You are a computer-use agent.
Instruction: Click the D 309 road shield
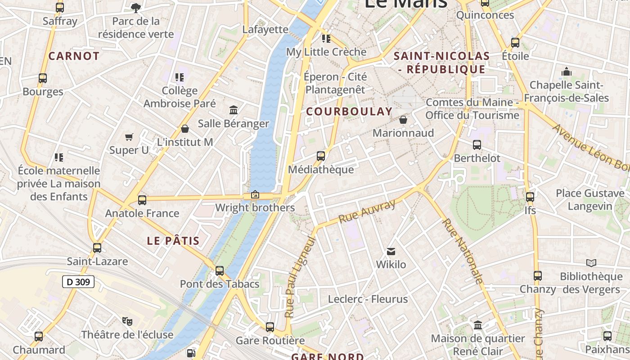click(x=78, y=282)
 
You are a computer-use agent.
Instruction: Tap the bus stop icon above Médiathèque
click(x=321, y=156)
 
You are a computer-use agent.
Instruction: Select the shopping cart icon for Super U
click(x=129, y=137)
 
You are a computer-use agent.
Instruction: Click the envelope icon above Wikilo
click(x=391, y=251)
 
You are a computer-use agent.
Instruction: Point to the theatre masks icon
click(x=127, y=321)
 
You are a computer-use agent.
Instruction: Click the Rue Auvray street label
click(x=367, y=211)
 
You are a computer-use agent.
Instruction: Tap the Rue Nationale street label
click(x=463, y=251)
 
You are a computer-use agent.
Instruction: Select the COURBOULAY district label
click(x=349, y=112)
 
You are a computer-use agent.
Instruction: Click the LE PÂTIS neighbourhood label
click(x=173, y=241)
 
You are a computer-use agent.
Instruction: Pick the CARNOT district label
click(x=74, y=56)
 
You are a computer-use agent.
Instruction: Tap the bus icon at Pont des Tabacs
click(x=220, y=270)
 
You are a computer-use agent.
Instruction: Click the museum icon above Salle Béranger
click(x=234, y=110)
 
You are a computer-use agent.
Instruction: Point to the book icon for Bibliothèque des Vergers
click(x=591, y=263)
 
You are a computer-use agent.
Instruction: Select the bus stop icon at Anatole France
click(x=142, y=200)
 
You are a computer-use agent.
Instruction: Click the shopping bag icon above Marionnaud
click(x=403, y=120)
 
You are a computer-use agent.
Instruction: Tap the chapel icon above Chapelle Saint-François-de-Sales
click(x=566, y=72)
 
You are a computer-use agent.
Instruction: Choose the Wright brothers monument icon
click(x=255, y=194)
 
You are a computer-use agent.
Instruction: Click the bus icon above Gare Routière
click(x=270, y=327)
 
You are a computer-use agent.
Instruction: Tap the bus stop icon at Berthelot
click(x=477, y=145)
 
